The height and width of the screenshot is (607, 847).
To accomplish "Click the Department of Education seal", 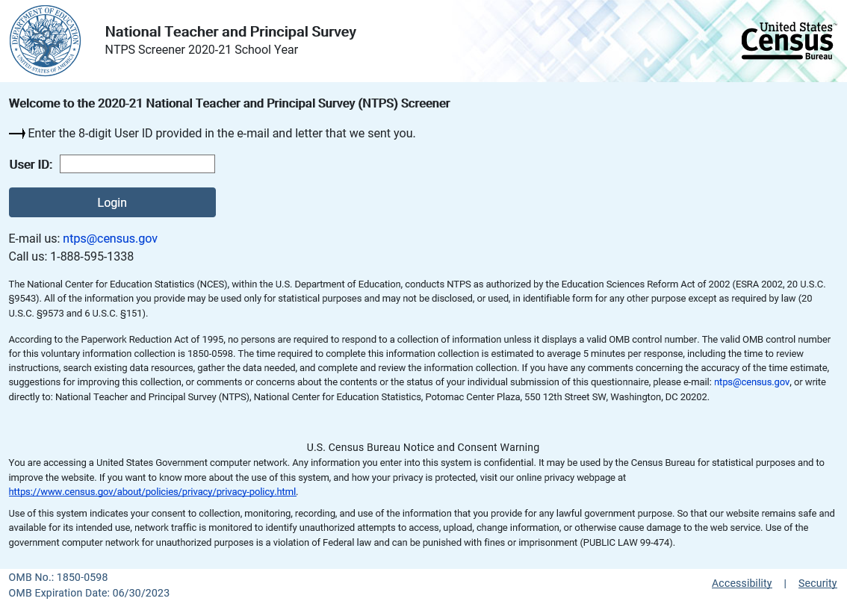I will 45,40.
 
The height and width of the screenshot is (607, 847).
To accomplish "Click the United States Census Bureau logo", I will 788,41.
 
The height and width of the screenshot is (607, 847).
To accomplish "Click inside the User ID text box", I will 137,164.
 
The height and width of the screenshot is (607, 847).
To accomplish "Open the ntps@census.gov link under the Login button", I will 110,239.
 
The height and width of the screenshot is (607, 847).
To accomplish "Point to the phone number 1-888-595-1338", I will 92,257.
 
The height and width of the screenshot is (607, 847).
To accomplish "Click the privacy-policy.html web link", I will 152,492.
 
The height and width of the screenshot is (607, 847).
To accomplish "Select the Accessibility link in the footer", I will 742,584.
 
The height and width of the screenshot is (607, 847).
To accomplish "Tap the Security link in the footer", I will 817,584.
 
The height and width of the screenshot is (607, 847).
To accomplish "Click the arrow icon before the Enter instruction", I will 17,134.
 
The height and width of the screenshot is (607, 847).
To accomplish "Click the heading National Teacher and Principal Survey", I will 230,32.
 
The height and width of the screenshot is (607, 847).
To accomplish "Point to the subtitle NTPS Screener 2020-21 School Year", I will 201,50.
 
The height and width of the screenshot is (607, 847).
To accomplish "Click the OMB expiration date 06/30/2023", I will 140,594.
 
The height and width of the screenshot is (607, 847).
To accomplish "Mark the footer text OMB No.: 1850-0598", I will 58,578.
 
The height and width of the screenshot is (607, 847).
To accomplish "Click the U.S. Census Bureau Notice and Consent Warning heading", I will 423,448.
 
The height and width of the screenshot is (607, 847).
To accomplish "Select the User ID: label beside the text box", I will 31,164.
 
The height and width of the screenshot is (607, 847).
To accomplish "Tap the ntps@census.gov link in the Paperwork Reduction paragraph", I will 751,382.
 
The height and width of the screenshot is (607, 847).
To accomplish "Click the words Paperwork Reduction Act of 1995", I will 130,340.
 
